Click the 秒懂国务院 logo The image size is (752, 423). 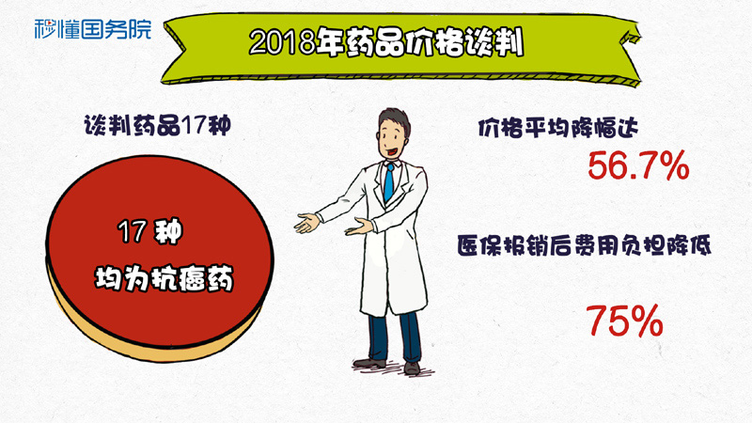tap(92, 29)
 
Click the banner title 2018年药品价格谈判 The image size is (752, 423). tap(386, 43)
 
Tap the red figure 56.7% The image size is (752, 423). tap(638, 166)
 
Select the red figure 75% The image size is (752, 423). tap(624, 321)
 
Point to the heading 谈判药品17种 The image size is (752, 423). tap(157, 126)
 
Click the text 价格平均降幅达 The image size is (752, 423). tap(558, 128)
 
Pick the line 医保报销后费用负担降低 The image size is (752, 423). tap(584, 245)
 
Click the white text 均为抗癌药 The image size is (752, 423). tap(164, 277)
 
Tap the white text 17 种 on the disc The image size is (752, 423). tap(150, 231)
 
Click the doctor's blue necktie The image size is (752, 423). tap(389, 182)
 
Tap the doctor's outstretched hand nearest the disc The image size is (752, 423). tap(307, 223)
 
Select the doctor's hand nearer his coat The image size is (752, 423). tap(360, 226)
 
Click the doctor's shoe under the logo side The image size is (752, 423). tap(369, 363)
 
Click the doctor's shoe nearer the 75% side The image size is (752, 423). tap(412, 368)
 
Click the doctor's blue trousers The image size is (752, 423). tap(395, 336)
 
